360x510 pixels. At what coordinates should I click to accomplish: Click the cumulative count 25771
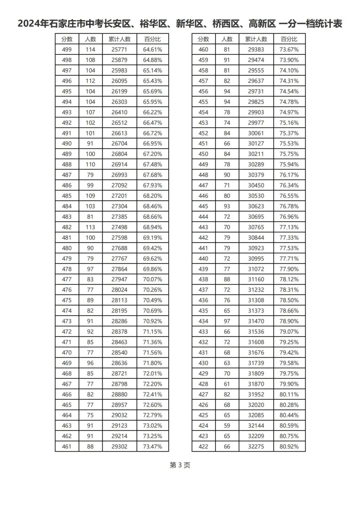(119, 49)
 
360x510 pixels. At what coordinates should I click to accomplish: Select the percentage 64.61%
(153, 49)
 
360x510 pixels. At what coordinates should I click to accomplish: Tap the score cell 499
(67, 49)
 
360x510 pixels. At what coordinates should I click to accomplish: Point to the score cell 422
(203, 446)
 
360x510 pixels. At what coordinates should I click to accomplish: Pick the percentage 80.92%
(289, 446)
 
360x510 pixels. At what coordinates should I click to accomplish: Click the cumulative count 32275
(256, 446)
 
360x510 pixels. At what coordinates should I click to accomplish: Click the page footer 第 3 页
(180, 465)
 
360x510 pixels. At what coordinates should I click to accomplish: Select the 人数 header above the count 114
(90, 39)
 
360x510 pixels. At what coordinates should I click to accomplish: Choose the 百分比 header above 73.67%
(289, 39)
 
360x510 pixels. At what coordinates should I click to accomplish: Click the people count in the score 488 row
(90, 164)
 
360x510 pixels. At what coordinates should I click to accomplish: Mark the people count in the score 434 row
(227, 321)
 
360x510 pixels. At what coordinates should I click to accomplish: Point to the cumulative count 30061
(256, 133)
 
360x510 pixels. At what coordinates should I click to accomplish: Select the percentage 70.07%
(153, 279)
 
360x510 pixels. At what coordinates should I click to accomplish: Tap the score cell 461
(67, 446)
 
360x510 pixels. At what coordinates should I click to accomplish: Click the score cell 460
(203, 49)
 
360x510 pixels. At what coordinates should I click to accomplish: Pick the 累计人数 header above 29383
(256, 39)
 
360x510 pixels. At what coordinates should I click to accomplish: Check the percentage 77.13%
(289, 227)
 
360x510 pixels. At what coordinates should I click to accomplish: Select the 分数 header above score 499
(67, 39)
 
